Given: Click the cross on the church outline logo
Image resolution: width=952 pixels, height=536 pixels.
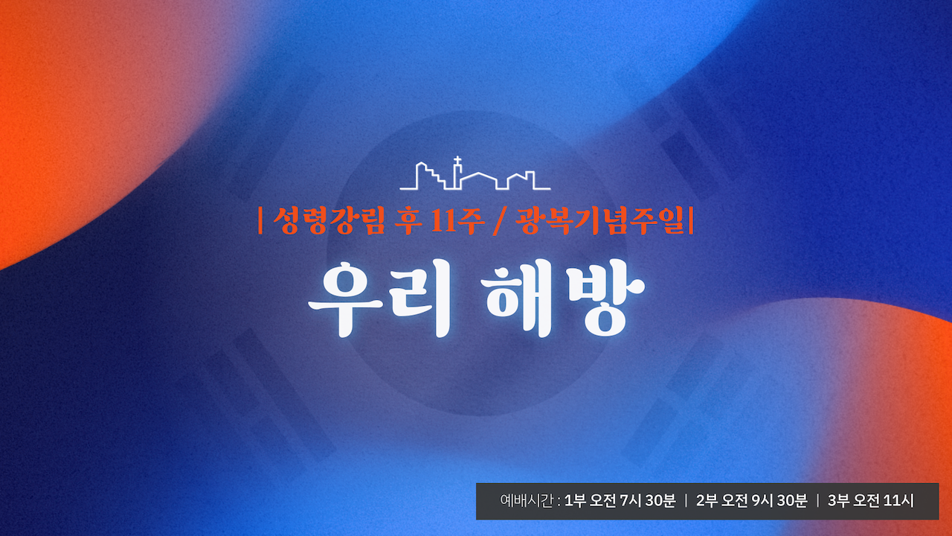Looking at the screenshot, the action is pos(457,161).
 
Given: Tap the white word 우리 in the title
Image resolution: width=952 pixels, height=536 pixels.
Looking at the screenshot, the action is pos(379,299).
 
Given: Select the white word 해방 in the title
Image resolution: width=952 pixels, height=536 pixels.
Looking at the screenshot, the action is pos(563,299).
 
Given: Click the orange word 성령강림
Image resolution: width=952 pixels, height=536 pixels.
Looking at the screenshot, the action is pos(329,220).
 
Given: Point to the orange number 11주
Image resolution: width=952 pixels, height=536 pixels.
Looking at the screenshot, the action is pos(457,220).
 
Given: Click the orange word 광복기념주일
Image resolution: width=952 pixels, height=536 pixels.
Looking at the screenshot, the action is pos(600,220).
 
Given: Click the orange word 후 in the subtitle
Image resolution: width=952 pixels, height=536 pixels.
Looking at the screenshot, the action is pos(408,220).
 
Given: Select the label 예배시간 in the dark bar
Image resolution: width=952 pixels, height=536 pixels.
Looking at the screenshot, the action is pos(527,501).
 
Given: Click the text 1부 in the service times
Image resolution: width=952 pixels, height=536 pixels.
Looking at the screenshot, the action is pos(573,501).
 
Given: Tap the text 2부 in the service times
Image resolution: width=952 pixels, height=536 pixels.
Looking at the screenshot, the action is pos(706,501).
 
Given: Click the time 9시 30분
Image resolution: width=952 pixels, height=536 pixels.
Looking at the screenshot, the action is pos(780,501).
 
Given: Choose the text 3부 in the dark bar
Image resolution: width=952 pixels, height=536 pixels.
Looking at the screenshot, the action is pos(838,501).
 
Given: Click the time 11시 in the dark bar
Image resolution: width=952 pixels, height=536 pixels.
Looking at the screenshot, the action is pos(898,501).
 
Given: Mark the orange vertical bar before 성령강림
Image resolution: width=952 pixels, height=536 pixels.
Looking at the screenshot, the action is pos(260,220).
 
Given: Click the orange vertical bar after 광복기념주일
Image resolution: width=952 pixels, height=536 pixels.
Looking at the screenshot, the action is pos(691,220).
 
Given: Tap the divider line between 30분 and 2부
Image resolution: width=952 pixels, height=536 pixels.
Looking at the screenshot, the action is pos(686,501).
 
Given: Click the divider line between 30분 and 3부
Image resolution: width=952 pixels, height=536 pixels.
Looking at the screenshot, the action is pos(817,501).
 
